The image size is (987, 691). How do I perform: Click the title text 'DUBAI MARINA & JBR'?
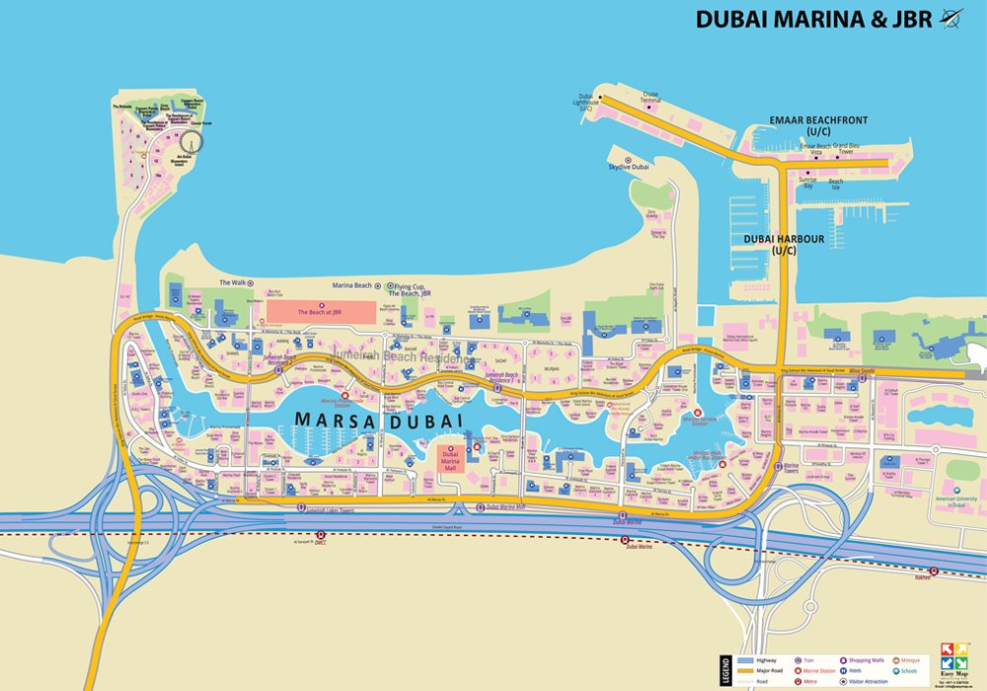[x=814, y=19]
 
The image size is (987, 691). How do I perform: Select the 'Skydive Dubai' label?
[x=628, y=167]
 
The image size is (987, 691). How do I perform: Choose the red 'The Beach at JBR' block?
[x=322, y=311]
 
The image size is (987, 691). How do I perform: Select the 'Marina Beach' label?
[x=351, y=285]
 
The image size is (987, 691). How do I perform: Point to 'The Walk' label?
[x=232, y=282]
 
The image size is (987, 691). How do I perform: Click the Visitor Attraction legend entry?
[x=869, y=681]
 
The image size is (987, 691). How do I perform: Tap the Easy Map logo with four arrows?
[x=955, y=656]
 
